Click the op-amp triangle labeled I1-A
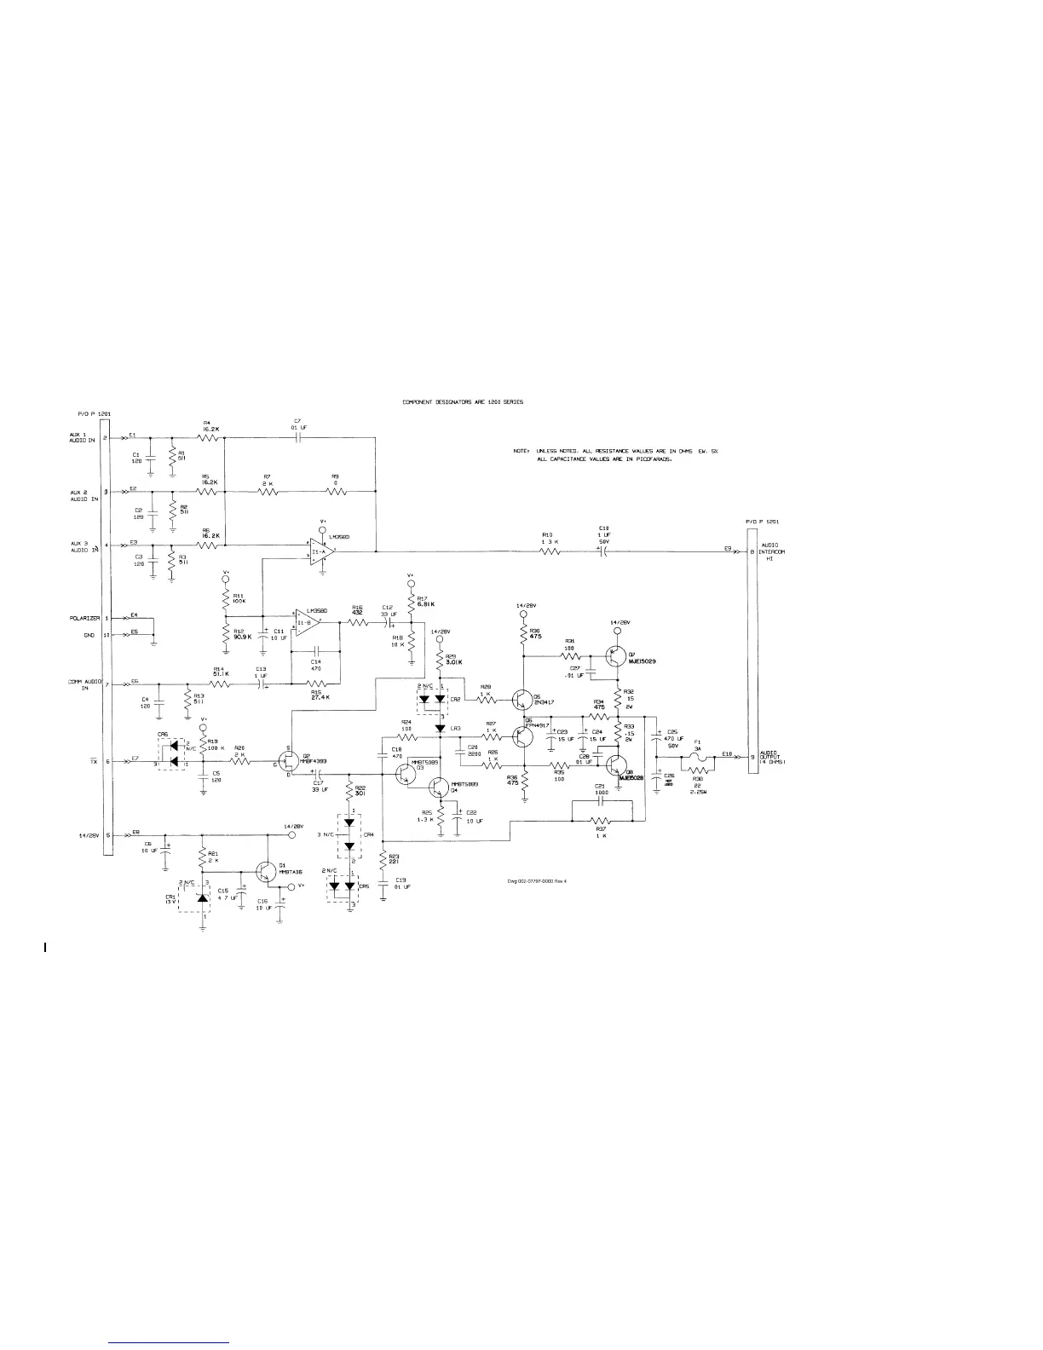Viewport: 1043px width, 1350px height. point(320,551)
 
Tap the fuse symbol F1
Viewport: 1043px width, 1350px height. point(697,756)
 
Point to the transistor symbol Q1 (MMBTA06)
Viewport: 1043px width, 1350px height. point(268,870)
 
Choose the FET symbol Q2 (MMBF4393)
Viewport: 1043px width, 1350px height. point(288,762)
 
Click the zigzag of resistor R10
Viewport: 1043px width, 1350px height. point(550,551)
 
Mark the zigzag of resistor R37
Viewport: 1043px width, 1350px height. point(602,821)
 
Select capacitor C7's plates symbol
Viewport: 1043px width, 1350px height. point(297,437)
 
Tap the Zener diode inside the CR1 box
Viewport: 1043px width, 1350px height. point(203,897)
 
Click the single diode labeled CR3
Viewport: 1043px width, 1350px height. point(441,728)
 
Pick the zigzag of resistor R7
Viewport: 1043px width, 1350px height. point(268,491)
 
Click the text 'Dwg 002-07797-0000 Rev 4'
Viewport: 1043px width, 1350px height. point(536,881)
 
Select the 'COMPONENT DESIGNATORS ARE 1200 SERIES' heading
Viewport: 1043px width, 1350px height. point(463,401)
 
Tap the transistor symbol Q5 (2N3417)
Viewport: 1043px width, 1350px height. point(521,700)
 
